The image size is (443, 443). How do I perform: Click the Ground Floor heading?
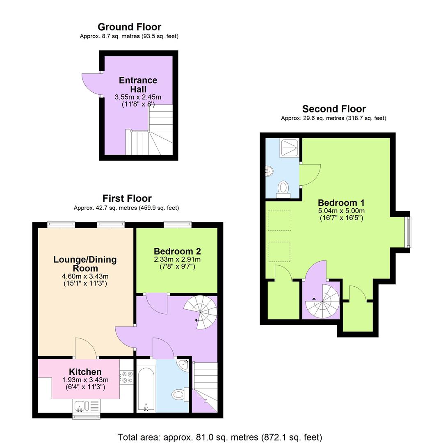(x=129, y=27)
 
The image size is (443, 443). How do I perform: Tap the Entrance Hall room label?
(x=138, y=84)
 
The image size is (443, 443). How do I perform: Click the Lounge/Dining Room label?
(x=85, y=264)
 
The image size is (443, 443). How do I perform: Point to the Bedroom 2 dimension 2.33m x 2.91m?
(x=177, y=260)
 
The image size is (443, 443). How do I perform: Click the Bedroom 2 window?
(x=178, y=224)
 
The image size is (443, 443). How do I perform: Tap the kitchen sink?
(x=81, y=406)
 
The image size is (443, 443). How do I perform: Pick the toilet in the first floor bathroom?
(x=179, y=395)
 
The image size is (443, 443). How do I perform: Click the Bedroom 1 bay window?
(x=407, y=232)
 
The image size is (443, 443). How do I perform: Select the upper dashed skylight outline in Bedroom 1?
(x=279, y=220)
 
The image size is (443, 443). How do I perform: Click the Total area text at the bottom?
(x=220, y=437)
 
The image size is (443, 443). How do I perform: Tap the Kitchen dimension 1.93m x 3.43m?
(x=85, y=380)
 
